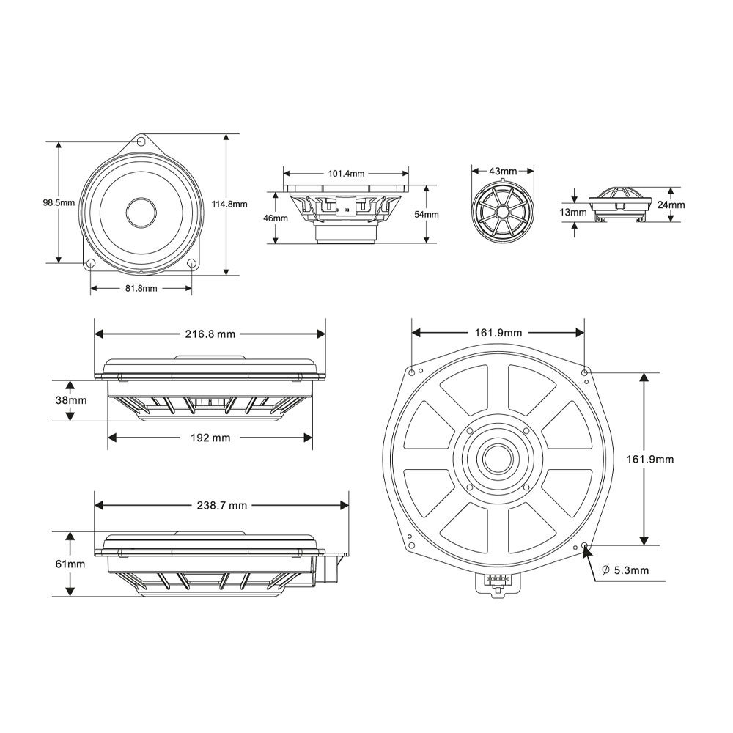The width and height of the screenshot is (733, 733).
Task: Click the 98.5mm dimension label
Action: [59, 203]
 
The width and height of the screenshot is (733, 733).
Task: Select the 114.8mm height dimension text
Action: [229, 205]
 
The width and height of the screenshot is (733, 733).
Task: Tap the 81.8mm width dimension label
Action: [141, 288]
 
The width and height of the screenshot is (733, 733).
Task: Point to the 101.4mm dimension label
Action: [346, 174]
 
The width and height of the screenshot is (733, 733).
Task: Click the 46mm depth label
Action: [276, 218]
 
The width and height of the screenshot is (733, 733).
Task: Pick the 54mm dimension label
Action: [427, 215]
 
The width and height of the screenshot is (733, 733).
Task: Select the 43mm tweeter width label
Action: [503, 171]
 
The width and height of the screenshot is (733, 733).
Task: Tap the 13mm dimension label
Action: [573, 213]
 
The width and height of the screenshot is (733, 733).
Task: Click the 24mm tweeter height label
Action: [671, 205]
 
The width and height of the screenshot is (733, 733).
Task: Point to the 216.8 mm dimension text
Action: [210, 334]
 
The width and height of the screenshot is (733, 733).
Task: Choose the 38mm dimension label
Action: [71, 400]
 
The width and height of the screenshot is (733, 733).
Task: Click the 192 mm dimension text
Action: [210, 438]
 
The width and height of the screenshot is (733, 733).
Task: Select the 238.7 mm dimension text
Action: [222, 505]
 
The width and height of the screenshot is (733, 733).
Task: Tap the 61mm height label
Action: [70, 564]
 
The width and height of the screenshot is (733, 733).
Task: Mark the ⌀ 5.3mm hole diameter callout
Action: [625, 570]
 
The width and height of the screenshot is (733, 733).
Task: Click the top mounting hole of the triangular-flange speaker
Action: [141, 141]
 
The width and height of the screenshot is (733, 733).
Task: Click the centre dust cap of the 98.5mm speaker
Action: [141, 212]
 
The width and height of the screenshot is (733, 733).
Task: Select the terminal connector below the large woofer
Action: [497, 582]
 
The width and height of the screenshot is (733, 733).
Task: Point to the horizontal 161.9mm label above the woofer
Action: [498, 333]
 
